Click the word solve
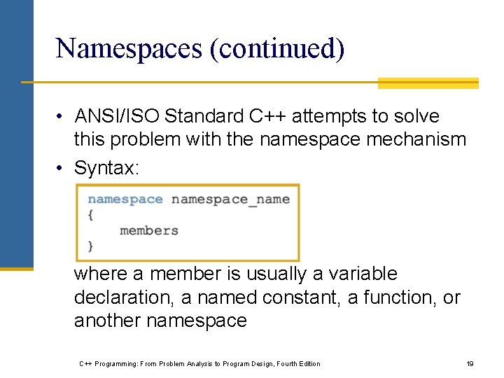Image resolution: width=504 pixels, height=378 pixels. [x=416, y=116]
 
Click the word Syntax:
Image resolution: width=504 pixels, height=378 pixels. [x=104, y=168]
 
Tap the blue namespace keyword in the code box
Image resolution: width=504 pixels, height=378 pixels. [x=125, y=199]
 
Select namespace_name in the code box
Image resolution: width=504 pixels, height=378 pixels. [x=230, y=199]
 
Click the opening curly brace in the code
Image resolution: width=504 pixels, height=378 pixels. [x=91, y=215]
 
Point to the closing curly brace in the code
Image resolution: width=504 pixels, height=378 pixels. [x=91, y=246]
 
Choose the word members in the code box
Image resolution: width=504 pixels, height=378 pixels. [x=149, y=230]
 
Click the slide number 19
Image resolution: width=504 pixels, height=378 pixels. [x=470, y=363]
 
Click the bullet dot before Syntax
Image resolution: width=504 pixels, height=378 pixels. [x=62, y=168]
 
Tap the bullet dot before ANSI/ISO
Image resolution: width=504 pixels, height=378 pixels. [x=62, y=116]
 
